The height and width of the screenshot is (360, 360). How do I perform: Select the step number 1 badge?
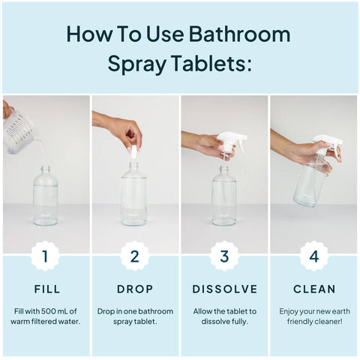pos(45,256)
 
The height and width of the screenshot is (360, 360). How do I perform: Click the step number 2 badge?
pos(135,256)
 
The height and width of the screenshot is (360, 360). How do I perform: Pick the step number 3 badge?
pos(224,256)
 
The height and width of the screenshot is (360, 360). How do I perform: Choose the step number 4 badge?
pos(314,256)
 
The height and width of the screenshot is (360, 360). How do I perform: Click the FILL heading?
pos(45,289)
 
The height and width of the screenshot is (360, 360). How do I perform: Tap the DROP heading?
pos(135,289)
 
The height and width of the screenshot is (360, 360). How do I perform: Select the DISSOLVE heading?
pos(224,289)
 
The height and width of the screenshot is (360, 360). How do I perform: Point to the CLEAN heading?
pos(314,289)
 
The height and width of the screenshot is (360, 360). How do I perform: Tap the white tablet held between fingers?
pos(133,151)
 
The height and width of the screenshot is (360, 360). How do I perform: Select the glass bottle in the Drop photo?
pos(134,196)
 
